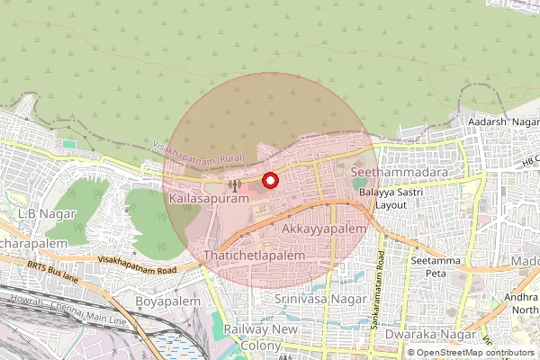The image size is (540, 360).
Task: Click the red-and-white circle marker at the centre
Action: click(270, 181)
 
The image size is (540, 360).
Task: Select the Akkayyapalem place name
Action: click(324, 230)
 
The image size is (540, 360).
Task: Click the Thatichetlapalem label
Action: click(255, 256)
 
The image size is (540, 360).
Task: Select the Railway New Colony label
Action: click(260, 337)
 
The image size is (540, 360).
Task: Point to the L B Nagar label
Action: click(45, 213)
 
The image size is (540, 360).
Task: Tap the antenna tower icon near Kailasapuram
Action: click(235, 186)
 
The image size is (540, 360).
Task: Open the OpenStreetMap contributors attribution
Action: click(475, 353)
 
